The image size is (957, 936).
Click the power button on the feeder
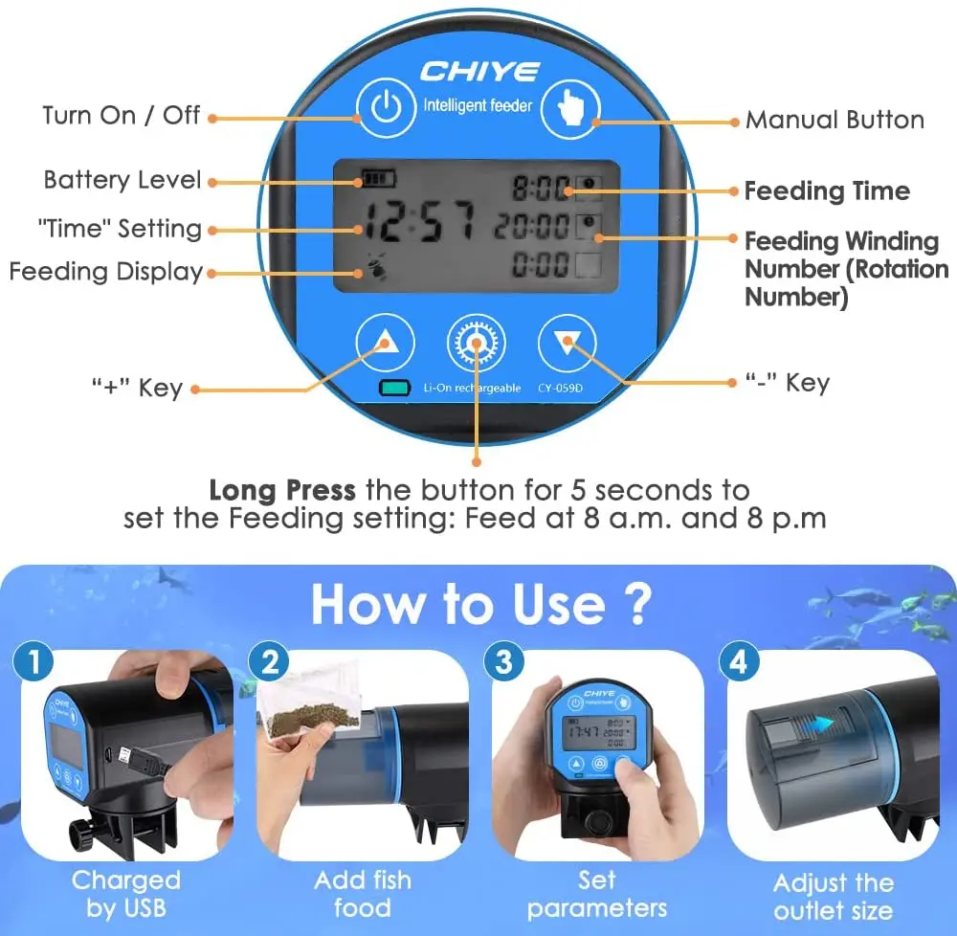(x=386, y=108)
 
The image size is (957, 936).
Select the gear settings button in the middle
(x=477, y=341)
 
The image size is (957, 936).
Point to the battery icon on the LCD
(x=377, y=179)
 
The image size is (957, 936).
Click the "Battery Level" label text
(x=122, y=180)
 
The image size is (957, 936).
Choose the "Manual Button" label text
(x=835, y=120)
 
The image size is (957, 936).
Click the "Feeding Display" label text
(x=106, y=272)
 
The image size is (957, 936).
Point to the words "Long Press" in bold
(x=282, y=491)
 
